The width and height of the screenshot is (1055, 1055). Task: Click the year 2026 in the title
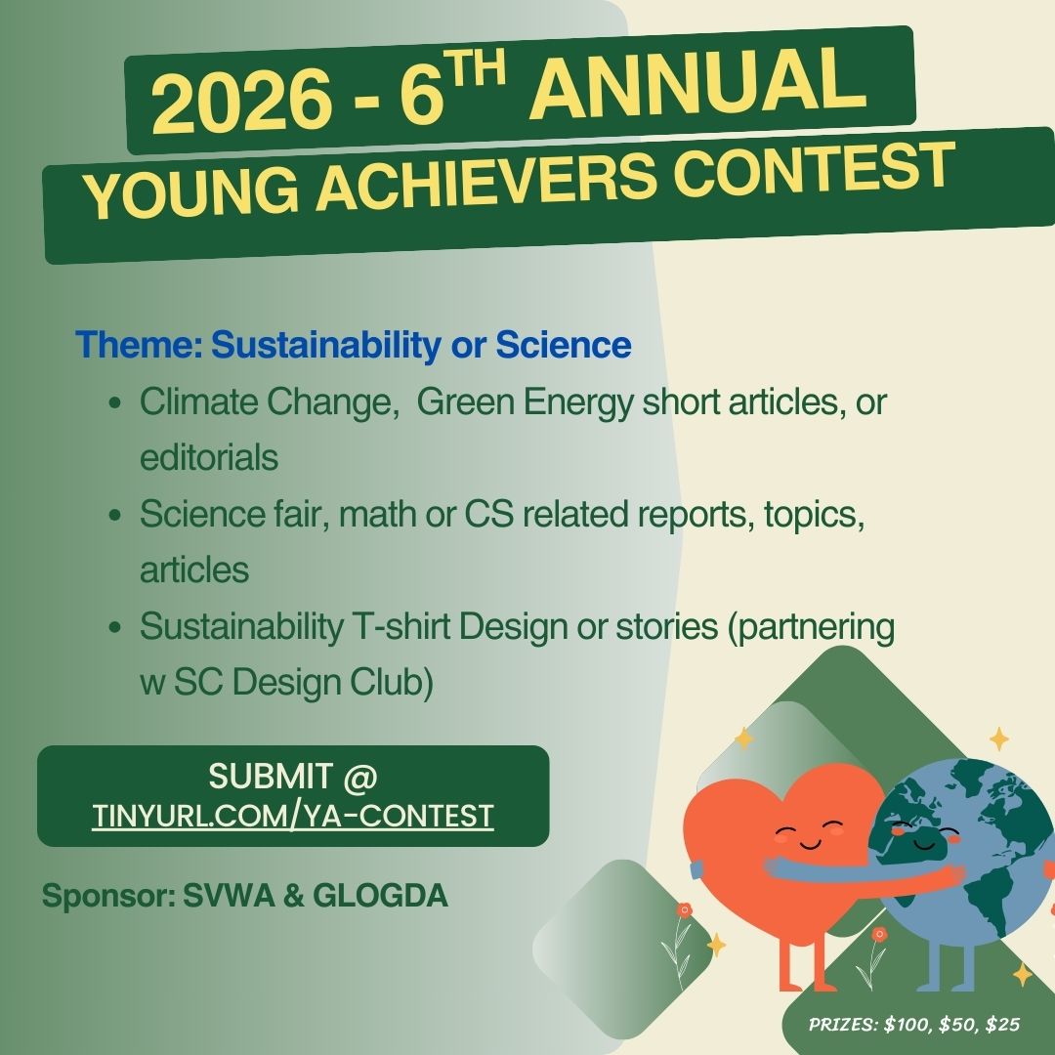tap(240, 102)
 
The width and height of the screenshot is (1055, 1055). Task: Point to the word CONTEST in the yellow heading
tap(814, 168)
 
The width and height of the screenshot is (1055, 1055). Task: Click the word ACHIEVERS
tap(485, 181)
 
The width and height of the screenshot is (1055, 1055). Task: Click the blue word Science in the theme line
tap(564, 345)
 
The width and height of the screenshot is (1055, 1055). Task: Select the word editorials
tap(209, 457)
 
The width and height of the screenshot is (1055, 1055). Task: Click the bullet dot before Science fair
tap(115, 516)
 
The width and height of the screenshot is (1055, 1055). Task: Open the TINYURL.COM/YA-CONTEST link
tap(293, 816)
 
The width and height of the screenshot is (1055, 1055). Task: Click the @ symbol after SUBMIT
tap(359, 777)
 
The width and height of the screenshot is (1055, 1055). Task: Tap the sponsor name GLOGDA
tap(380, 896)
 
